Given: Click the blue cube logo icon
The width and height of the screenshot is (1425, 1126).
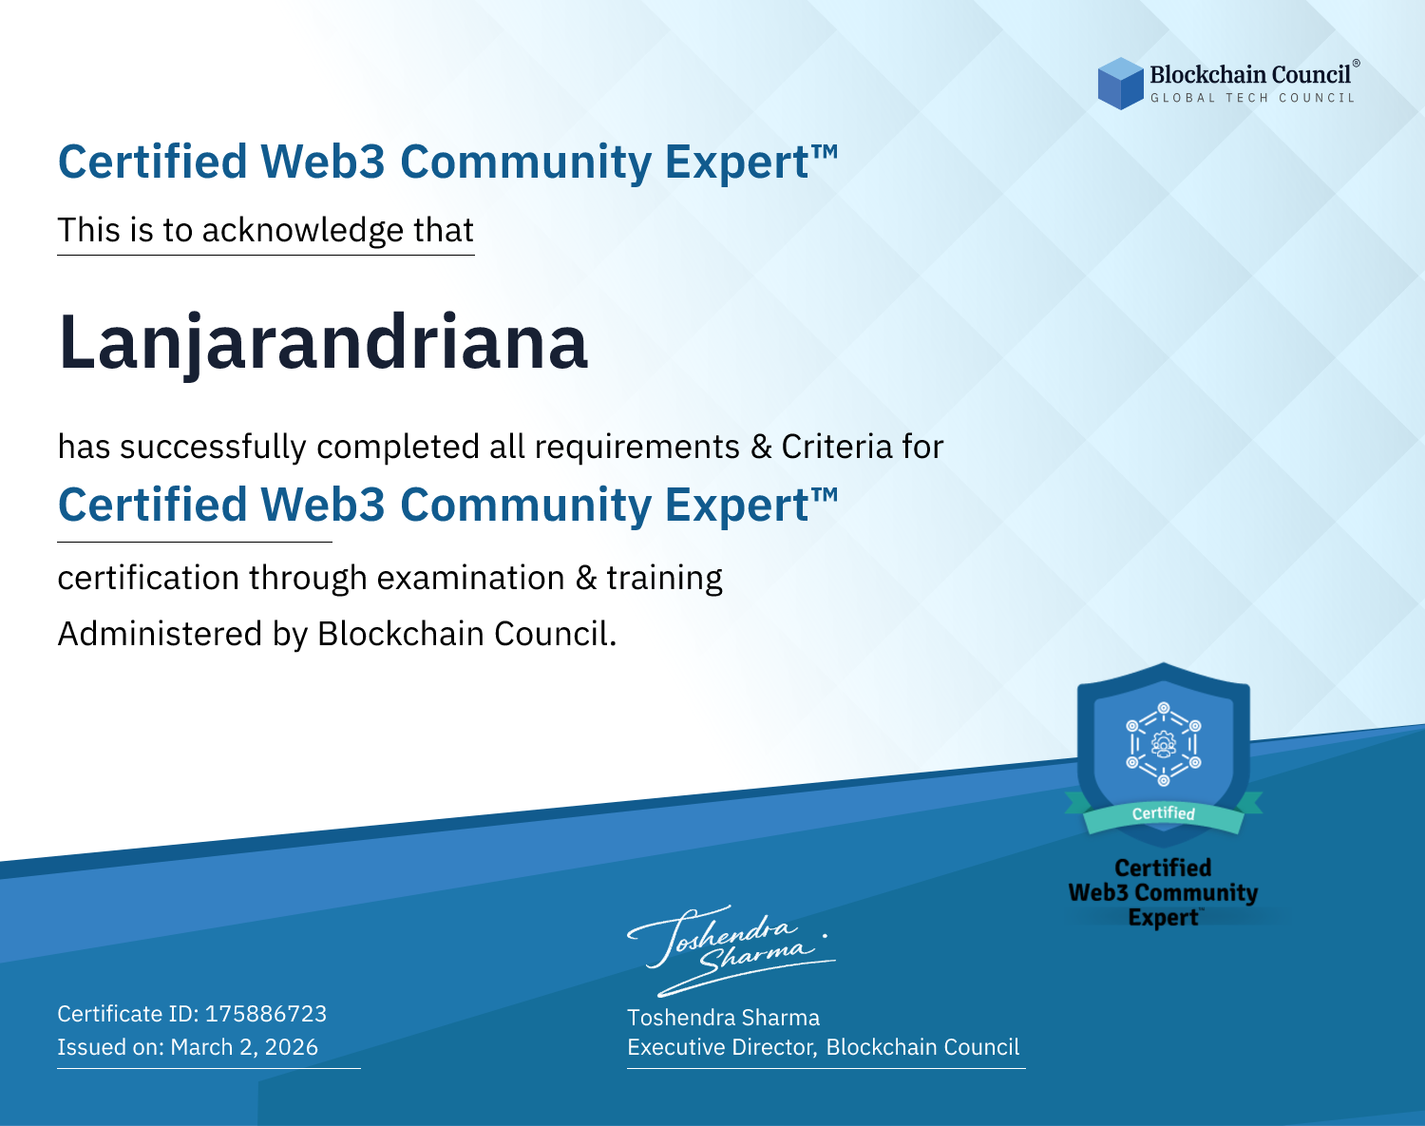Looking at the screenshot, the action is pos(1120,84).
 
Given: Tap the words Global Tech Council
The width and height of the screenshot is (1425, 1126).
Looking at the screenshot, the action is pos(1252,98).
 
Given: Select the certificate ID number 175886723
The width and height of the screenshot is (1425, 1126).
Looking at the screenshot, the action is pos(266,1013).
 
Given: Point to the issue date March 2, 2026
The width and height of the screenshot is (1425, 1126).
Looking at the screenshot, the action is pos(244,1046).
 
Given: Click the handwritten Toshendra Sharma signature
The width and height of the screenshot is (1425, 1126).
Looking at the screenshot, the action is pos(731,950).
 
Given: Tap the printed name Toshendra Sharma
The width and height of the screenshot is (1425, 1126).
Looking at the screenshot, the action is pos(723,1018).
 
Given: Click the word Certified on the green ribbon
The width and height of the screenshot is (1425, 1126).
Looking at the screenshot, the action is pos(1164,813).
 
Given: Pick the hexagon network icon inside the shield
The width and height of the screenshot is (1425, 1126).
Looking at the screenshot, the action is pos(1164,744).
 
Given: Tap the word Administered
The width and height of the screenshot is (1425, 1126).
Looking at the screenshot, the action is pos(160,634).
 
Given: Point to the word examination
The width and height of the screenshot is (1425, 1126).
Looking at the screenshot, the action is pos(471,578).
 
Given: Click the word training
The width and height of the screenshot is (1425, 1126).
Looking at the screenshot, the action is pos(664,579).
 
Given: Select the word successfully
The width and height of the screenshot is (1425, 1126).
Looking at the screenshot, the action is pos(213,448).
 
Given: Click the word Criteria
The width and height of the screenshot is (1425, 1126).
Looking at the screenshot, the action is pos(836,447).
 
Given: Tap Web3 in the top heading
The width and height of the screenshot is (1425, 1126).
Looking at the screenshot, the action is pos(322,162).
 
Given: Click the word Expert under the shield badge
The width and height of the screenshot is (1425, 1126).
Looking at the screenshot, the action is pos(1163,918).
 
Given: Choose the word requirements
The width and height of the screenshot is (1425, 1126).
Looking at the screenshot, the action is pos(637,448).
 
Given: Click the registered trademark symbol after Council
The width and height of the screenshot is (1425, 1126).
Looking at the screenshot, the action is pos(1356,64).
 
